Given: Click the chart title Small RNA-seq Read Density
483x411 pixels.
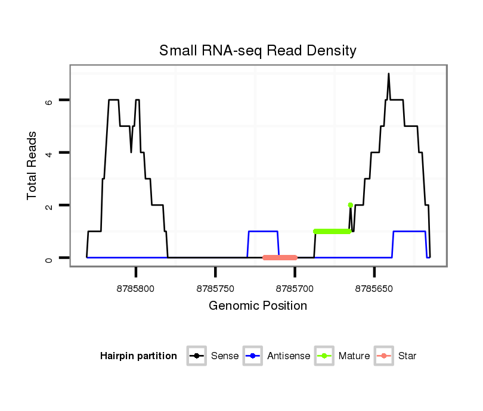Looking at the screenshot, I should click(x=258, y=51).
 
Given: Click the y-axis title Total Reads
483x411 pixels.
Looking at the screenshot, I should click(x=32, y=166).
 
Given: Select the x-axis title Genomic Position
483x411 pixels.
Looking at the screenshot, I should click(x=258, y=306).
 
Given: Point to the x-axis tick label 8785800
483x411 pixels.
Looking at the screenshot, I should click(x=136, y=289).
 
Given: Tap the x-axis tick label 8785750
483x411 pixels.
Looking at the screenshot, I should click(x=215, y=289).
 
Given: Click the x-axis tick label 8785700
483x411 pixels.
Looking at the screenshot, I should click(x=295, y=289).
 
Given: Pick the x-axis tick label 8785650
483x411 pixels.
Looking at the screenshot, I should click(x=374, y=289).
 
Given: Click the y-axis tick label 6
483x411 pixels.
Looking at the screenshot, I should click(x=50, y=101).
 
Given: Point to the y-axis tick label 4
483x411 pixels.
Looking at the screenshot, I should click(x=50, y=153).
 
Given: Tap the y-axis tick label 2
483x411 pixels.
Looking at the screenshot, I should click(x=50, y=205).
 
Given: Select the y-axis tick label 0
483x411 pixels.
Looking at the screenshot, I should click(x=50, y=258).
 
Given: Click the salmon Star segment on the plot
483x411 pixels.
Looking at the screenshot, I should click(x=280, y=257).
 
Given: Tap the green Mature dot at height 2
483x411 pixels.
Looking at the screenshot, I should click(x=350, y=205).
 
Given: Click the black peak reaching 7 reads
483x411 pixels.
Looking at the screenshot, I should click(x=389, y=74).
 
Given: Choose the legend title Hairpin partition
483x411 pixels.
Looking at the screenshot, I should click(x=138, y=356).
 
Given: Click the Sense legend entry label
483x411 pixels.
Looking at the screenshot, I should click(x=225, y=356).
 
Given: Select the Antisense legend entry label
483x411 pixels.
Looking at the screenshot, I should click(x=289, y=356).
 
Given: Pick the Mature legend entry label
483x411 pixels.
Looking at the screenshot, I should click(x=354, y=356).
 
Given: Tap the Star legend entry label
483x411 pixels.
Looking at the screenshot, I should click(x=407, y=356).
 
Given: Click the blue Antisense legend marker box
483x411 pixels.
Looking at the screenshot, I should click(x=254, y=356).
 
